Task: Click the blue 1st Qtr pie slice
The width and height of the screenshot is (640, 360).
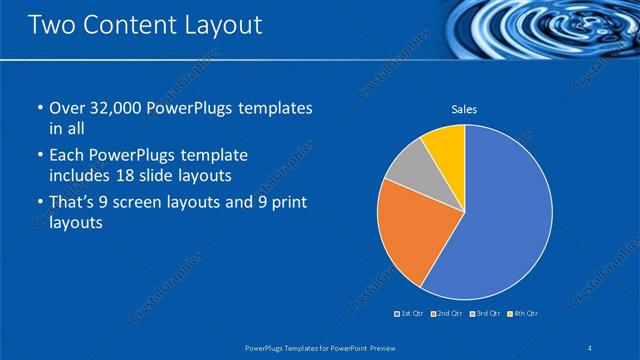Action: pyautogui.click(x=505, y=215)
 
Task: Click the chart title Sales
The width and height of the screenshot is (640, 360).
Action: pyautogui.click(x=464, y=109)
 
